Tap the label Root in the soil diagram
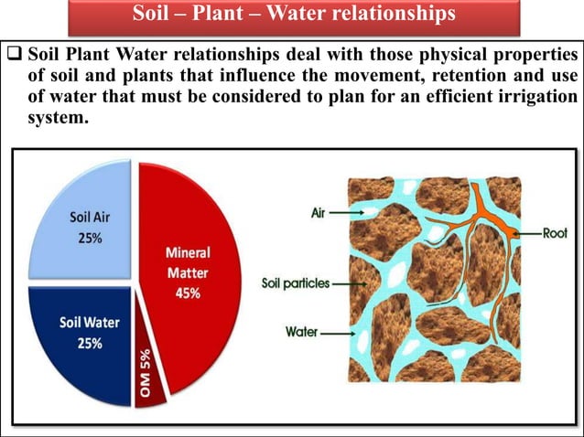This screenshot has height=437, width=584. [555, 233]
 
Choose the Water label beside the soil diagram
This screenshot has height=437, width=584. [302, 332]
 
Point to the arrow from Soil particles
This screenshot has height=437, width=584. [350, 283]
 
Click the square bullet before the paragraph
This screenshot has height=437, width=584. [7, 48]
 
